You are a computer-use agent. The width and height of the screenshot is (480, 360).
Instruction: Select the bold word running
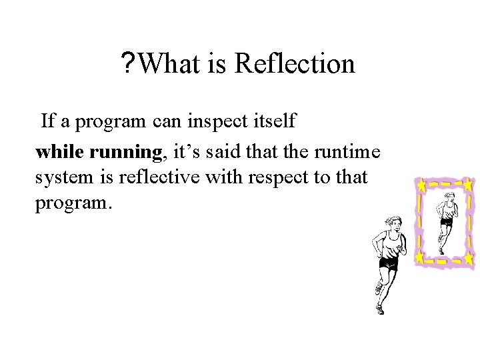coord(125,153)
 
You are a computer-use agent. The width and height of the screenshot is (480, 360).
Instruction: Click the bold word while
coord(60,153)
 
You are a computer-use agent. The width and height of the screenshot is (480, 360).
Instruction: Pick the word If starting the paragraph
coord(48,122)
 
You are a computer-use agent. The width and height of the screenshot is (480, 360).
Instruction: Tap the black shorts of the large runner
coord(388,263)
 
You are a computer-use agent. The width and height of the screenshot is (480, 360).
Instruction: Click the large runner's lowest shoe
coord(379,309)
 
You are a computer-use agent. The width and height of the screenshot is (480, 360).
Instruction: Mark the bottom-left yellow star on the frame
coord(420,256)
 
